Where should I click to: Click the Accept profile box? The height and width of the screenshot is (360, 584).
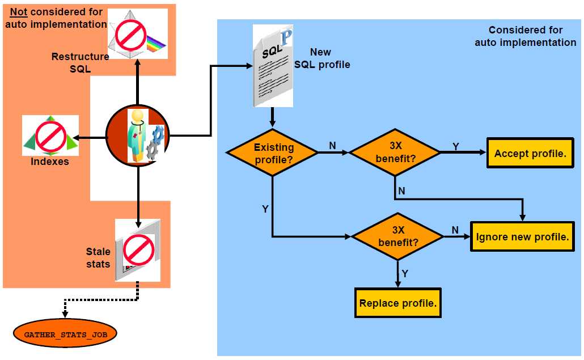point(530,153)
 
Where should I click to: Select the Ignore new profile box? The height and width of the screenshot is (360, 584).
point(522,237)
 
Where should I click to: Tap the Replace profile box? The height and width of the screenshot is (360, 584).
point(397,303)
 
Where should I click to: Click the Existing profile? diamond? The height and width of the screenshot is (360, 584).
point(273,153)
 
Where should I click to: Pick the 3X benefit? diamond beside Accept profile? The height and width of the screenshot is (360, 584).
point(395,153)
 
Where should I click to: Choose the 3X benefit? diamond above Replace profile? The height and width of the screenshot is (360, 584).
point(397,237)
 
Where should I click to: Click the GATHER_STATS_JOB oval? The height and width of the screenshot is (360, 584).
point(65,334)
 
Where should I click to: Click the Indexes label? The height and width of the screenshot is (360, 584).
point(49,162)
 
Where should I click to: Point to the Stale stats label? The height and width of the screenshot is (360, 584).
point(98,257)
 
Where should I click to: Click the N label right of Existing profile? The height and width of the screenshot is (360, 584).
point(332,146)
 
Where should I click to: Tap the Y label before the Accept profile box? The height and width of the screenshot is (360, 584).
point(455,147)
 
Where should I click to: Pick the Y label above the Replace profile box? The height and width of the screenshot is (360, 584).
point(404,273)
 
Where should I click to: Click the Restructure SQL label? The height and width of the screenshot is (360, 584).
point(80,62)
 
